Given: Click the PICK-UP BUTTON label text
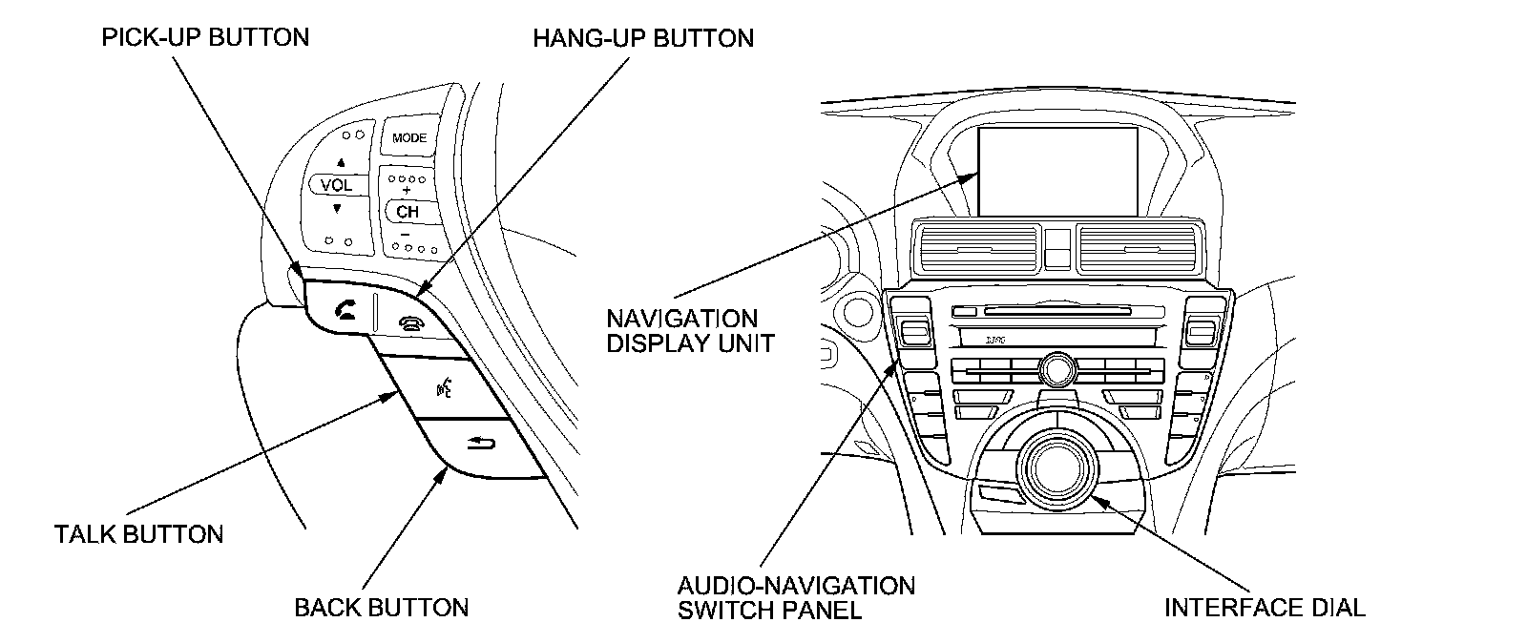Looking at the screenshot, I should point(205,37).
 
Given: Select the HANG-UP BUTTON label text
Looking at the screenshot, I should point(643,38).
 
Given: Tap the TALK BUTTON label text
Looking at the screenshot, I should point(139,533).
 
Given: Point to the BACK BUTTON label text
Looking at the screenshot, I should point(382,608).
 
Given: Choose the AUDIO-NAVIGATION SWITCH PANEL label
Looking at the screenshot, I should point(796,597).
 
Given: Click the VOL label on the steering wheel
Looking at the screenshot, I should point(336,185).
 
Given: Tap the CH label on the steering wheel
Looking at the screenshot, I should point(408,212).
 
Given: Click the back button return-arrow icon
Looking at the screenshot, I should point(481,441).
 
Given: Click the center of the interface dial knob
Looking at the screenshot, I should point(1053,465).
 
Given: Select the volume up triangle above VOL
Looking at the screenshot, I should point(340,162).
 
